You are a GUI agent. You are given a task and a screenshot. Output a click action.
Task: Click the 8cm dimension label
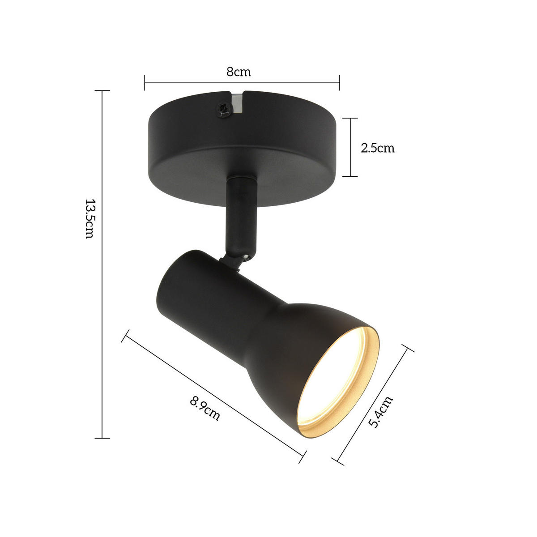(x=238, y=72)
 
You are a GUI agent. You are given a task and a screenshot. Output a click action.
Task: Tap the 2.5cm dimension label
(x=377, y=148)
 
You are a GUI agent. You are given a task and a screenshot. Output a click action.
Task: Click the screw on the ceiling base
(x=225, y=109)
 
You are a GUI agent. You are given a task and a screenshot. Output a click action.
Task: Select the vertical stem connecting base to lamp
(x=241, y=215)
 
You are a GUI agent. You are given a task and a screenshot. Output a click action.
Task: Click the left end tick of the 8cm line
(x=145, y=82)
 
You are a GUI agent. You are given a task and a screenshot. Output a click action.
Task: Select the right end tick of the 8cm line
(x=340, y=82)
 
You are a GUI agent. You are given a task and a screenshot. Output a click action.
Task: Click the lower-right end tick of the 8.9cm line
(x=303, y=456)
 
